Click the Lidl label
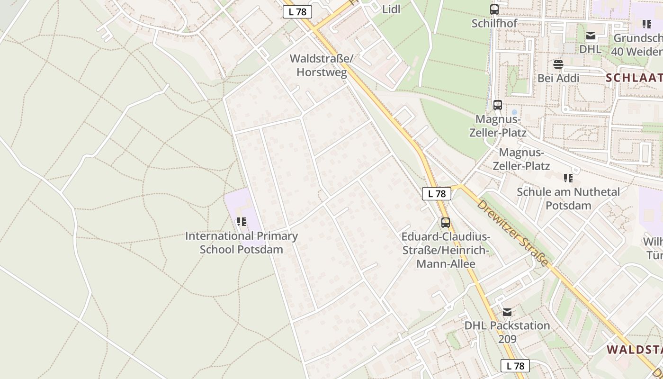click(x=391, y=9)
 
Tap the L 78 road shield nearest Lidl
click(x=297, y=12)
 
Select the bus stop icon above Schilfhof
click(x=494, y=9)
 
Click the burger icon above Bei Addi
click(x=558, y=64)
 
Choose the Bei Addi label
click(x=558, y=78)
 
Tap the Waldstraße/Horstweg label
click(x=322, y=65)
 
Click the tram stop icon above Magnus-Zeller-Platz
click(x=497, y=105)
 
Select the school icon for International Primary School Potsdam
click(x=242, y=221)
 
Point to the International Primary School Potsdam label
click(x=241, y=243)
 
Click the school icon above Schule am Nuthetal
click(x=568, y=178)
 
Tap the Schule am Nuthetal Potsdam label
click(x=568, y=199)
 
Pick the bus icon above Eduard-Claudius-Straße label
click(x=445, y=222)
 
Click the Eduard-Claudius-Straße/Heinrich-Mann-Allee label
click(x=446, y=250)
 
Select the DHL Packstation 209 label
click(x=507, y=332)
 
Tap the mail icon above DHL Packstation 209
click(x=507, y=312)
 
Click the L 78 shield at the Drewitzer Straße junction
click(x=437, y=193)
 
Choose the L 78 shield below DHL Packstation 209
click(x=515, y=366)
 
